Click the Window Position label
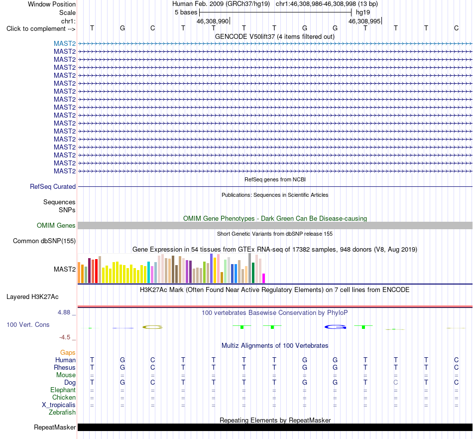tap(52, 4)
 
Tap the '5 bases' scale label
tap(186, 12)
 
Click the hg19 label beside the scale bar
tap(363, 12)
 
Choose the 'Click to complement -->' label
tap(41, 29)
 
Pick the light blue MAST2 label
tap(65, 44)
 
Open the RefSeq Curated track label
tap(52, 186)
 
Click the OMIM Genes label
tap(56, 226)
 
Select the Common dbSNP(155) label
tap(44, 241)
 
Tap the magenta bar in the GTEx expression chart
tap(264, 278)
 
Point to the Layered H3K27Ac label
tap(32, 297)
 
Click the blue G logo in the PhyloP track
tap(335, 327)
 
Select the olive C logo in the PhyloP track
tap(152, 327)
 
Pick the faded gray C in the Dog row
tap(396, 382)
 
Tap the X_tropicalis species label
tap(59, 405)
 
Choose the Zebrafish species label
tap(62, 413)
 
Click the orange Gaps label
tap(68, 353)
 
